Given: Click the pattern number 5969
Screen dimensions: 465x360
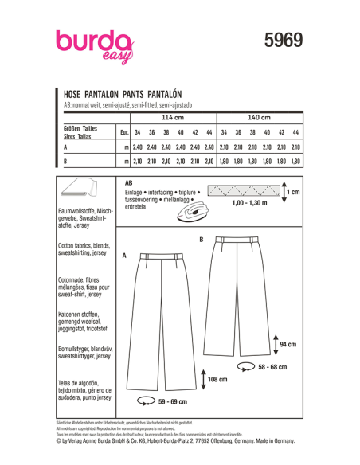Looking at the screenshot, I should pos(283,40).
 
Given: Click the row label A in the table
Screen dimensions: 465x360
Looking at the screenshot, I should pos(65,147).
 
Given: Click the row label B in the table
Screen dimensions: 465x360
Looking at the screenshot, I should pos(65,162).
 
